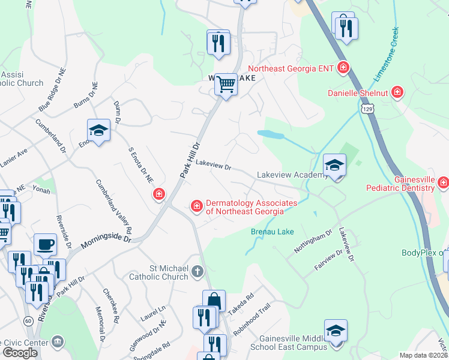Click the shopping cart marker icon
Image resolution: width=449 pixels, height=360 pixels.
226,85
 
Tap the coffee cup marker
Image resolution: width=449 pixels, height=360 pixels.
45,244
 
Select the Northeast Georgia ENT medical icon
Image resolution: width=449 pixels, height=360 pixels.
343,68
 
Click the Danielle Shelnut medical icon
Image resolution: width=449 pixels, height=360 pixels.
396,92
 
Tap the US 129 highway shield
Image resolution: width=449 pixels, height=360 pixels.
367,110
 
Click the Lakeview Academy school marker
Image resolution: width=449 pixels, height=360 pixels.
334,164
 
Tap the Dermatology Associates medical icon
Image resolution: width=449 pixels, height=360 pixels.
196,207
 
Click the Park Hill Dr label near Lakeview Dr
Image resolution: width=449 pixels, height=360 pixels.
188,159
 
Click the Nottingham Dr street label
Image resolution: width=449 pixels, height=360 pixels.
312,241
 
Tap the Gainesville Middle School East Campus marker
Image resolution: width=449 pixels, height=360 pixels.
336,331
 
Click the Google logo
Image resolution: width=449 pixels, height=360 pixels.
20,353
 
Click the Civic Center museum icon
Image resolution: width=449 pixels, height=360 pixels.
57,342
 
